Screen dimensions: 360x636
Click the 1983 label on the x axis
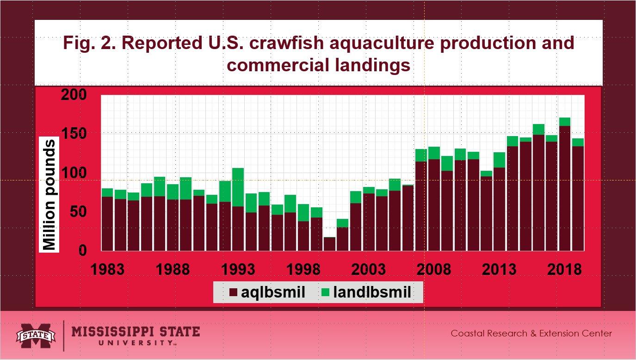pyautogui.click(x=107, y=269)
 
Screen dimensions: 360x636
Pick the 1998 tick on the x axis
pyautogui.click(x=303, y=269)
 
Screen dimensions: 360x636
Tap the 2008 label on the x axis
pyautogui.click(x=433, y=269)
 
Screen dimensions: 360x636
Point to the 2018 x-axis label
pyautogui.click(x=564, y=269)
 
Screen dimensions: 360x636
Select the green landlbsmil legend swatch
pyautogui.click(x=326, y=292)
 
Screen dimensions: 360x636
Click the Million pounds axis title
pyautogui.click(x=50, y=194)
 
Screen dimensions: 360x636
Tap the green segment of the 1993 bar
pyautogui.click(x=238, y=187)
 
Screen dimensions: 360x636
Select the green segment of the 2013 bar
pyautogui.click(x=499, y=160)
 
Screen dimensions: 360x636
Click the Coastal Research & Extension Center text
pyautogui.click(x=531, y=333)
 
